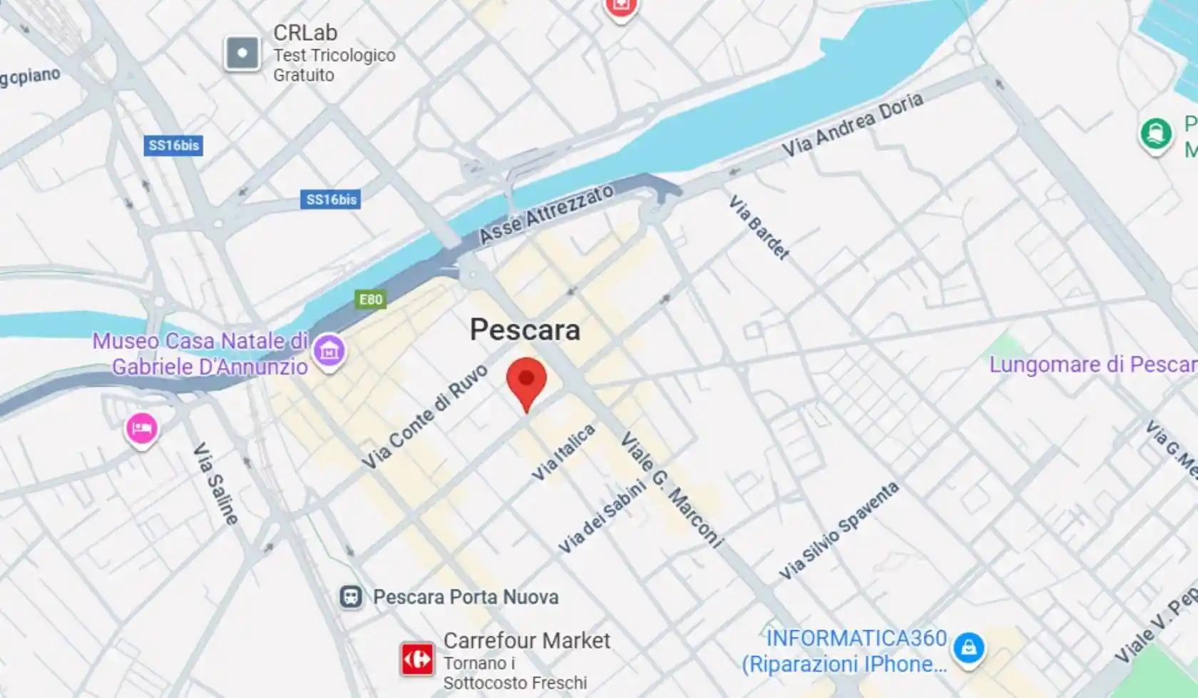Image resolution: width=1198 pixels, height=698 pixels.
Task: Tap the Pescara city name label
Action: point(525,330)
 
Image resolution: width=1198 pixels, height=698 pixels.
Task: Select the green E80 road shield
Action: point(371,299)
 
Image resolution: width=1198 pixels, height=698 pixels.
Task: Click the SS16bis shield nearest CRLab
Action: point(174,146)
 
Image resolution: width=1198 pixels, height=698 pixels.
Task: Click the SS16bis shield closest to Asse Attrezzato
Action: point(331,200)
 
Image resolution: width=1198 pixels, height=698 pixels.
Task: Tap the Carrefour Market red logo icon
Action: point(417,659)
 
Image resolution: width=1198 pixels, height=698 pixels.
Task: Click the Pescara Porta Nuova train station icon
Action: point(351,597)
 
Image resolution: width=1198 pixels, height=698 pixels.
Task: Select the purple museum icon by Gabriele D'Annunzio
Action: point(329,351)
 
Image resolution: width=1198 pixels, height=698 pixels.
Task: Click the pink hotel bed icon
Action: point(142,428)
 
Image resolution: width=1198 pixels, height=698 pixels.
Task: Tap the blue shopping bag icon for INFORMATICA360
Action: point(968,648)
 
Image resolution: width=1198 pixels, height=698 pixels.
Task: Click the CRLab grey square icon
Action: point(242,53)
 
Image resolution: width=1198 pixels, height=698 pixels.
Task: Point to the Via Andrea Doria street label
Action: point(852,124)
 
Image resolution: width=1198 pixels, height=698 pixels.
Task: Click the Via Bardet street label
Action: point(759,227)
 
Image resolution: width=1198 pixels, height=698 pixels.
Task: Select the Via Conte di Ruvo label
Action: point(425,417)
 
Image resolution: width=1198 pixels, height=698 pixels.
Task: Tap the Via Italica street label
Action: point(563,452)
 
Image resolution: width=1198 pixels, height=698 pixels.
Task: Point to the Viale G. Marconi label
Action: point(672,490)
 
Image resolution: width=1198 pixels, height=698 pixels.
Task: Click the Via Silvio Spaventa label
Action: point(839,531)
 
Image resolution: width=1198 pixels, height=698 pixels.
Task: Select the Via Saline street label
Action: point(215,484)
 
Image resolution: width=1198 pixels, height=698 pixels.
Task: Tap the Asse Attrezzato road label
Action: point(546,213)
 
